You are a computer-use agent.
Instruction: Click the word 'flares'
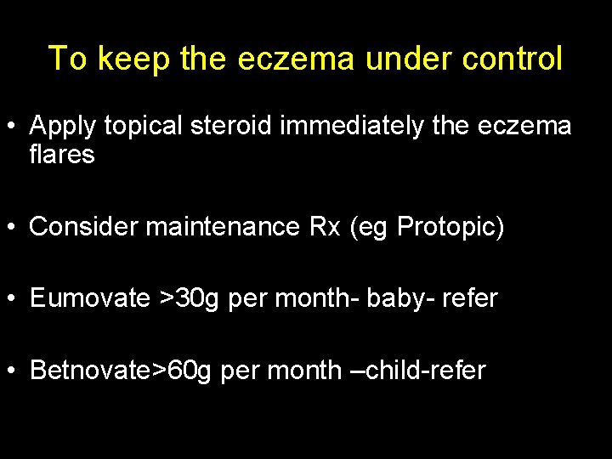click(x=62, y=155)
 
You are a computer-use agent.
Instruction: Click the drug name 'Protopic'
click(x=447, y=228)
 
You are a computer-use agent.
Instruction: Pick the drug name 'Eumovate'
click(x=89, y=298)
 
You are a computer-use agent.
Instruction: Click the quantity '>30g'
click(x=189, y=298)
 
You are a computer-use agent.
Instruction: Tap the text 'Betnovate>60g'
click(x=120, y=371)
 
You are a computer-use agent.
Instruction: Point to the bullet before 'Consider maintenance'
click(x=14, y=228)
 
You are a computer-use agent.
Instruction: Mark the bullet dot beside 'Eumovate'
click(x=14, y=299)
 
